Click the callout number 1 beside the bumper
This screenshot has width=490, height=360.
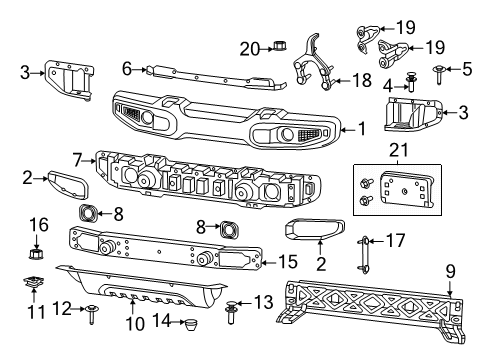pyautogui.click(x=361, y=128)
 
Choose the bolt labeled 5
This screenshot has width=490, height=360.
pyautogui.click(x=440, y=69)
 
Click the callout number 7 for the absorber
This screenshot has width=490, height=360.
pyautogui.click(x=78, y=159)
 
